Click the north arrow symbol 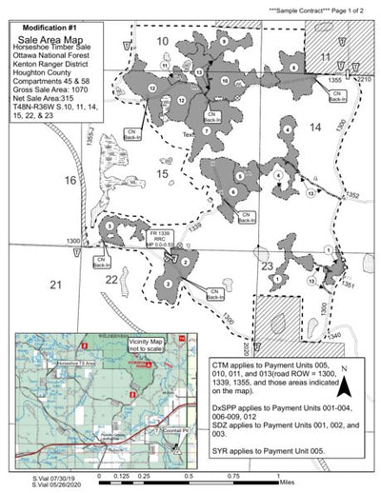coord(348,385)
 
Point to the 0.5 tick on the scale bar coord(190,476)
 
